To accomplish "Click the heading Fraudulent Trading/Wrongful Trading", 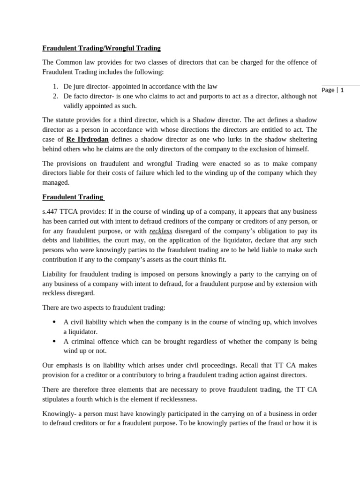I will click(101, 48).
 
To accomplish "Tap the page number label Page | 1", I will click(333, 90).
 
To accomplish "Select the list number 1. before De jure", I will click(55, 86).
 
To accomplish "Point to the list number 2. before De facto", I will click(55, 96).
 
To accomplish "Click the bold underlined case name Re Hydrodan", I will click(88, 139).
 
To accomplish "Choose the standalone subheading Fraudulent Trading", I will click(73, 197).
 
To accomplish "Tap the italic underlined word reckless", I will click(161, 231).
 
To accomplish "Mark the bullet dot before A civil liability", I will click(54, 322).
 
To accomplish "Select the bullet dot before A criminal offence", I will click(54, 341).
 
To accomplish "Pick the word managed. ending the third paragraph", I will click(56, 182).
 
